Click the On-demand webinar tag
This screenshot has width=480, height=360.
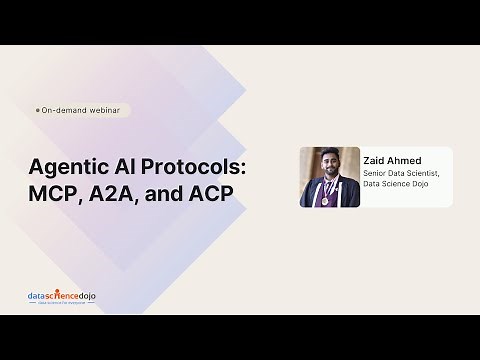[x=81, y=110]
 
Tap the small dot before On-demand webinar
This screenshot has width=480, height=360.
[x=37, y=110]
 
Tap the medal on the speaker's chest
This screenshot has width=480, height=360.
[x=325, y=200]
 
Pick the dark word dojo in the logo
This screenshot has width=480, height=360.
[x=87, y=297]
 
